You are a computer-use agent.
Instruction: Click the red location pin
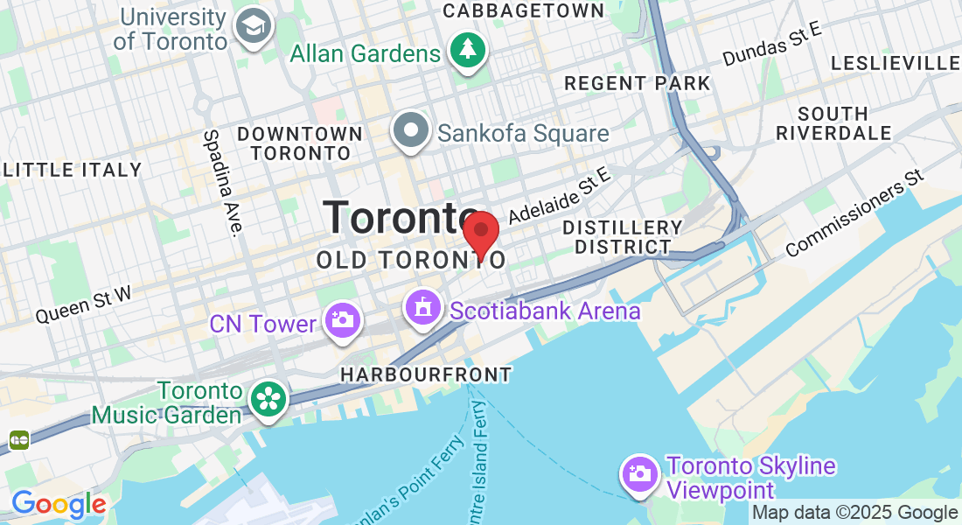[x=480, y=233]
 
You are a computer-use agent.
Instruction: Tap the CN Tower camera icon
[x=341, y=320]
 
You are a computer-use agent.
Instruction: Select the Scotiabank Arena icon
[x=423, y=309]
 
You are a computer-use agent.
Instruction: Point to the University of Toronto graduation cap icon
[x=254, y=27]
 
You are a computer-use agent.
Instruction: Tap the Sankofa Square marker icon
[x=410, y=132]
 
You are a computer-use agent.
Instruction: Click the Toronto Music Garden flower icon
[x=267, y=400]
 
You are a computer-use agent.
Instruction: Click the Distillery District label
[x=623, y=237]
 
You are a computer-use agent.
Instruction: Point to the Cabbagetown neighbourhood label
[x=524, y=10]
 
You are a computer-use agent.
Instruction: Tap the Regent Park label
[x=638, y=83]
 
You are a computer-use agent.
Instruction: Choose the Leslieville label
[x=895, y=63]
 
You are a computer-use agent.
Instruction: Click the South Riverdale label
[x=833, y=123]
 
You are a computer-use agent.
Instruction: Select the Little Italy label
[x=73, y=170]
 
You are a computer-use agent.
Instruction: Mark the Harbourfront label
[x=426, y=374]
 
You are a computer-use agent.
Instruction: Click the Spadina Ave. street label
[x=222, y=183]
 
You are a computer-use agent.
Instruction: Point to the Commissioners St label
[x=854, y=213]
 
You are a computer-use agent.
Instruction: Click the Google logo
[x=59, y=504]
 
